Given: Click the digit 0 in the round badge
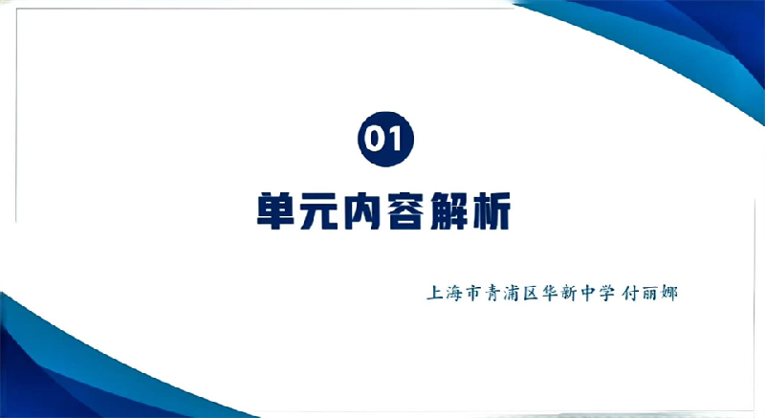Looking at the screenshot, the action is click(x=375, y=140).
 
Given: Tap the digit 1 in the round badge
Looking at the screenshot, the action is click(x=396, y=140).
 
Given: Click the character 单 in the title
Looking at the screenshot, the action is click(x=275, y=210).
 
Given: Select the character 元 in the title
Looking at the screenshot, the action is click(x=318, y=210).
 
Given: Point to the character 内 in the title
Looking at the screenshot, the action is click(x=361, y=210).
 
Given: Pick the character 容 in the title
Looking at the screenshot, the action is click(x=404, y=210).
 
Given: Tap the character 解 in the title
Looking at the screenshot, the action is click(x=448, y=210).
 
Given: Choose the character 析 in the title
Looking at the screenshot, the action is click(x=492, y=210).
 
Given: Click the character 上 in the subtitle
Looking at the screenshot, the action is click(x=435, y=293).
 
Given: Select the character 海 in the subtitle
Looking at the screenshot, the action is click(x=453, y=293).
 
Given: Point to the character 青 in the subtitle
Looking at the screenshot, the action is click(x=492, y=293).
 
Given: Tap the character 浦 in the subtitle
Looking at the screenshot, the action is click(x=512, y=293).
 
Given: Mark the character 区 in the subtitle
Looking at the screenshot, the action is click(x=531, y=293).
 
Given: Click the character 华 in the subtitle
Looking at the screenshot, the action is click(x=550, y=293).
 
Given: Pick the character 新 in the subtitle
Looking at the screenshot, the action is click(x=569, y=293).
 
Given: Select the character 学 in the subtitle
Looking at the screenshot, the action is click(x=607, y=293).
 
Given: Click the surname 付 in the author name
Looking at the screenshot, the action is click(x=631, y=293).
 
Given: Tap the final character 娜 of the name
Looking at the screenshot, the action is click(x=668, y=293).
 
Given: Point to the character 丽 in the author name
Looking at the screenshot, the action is click(x=650, y=293).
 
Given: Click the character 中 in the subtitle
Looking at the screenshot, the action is click(x=588, y=293).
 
